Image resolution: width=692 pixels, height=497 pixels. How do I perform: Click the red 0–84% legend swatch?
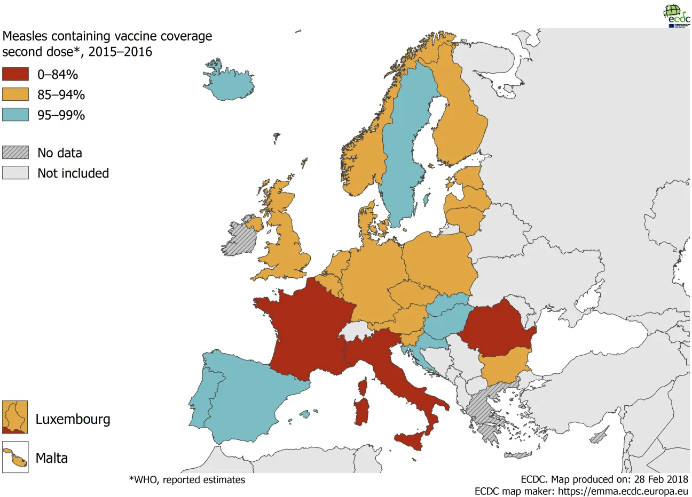(x=15, y=74)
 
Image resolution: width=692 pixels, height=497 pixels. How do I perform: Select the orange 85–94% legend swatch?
(x=15, y=94)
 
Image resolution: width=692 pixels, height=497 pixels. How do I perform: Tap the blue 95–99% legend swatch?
(x=15, y=115)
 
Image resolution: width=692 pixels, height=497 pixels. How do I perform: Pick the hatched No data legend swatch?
(x=15, y=153)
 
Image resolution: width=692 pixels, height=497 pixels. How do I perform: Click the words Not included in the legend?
(x=73, y=173)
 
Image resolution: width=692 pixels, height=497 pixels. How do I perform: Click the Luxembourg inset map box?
(x=15, y=417)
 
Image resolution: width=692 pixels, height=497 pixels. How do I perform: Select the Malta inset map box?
(x=15, y=458)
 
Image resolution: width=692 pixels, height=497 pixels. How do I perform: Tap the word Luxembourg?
(x=73, y=419)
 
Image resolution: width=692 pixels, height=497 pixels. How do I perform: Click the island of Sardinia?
(x=362, y=412)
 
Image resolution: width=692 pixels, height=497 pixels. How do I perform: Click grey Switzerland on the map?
(x=357, y=330)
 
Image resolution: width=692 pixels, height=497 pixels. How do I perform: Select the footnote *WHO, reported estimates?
(x=187, y=480)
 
